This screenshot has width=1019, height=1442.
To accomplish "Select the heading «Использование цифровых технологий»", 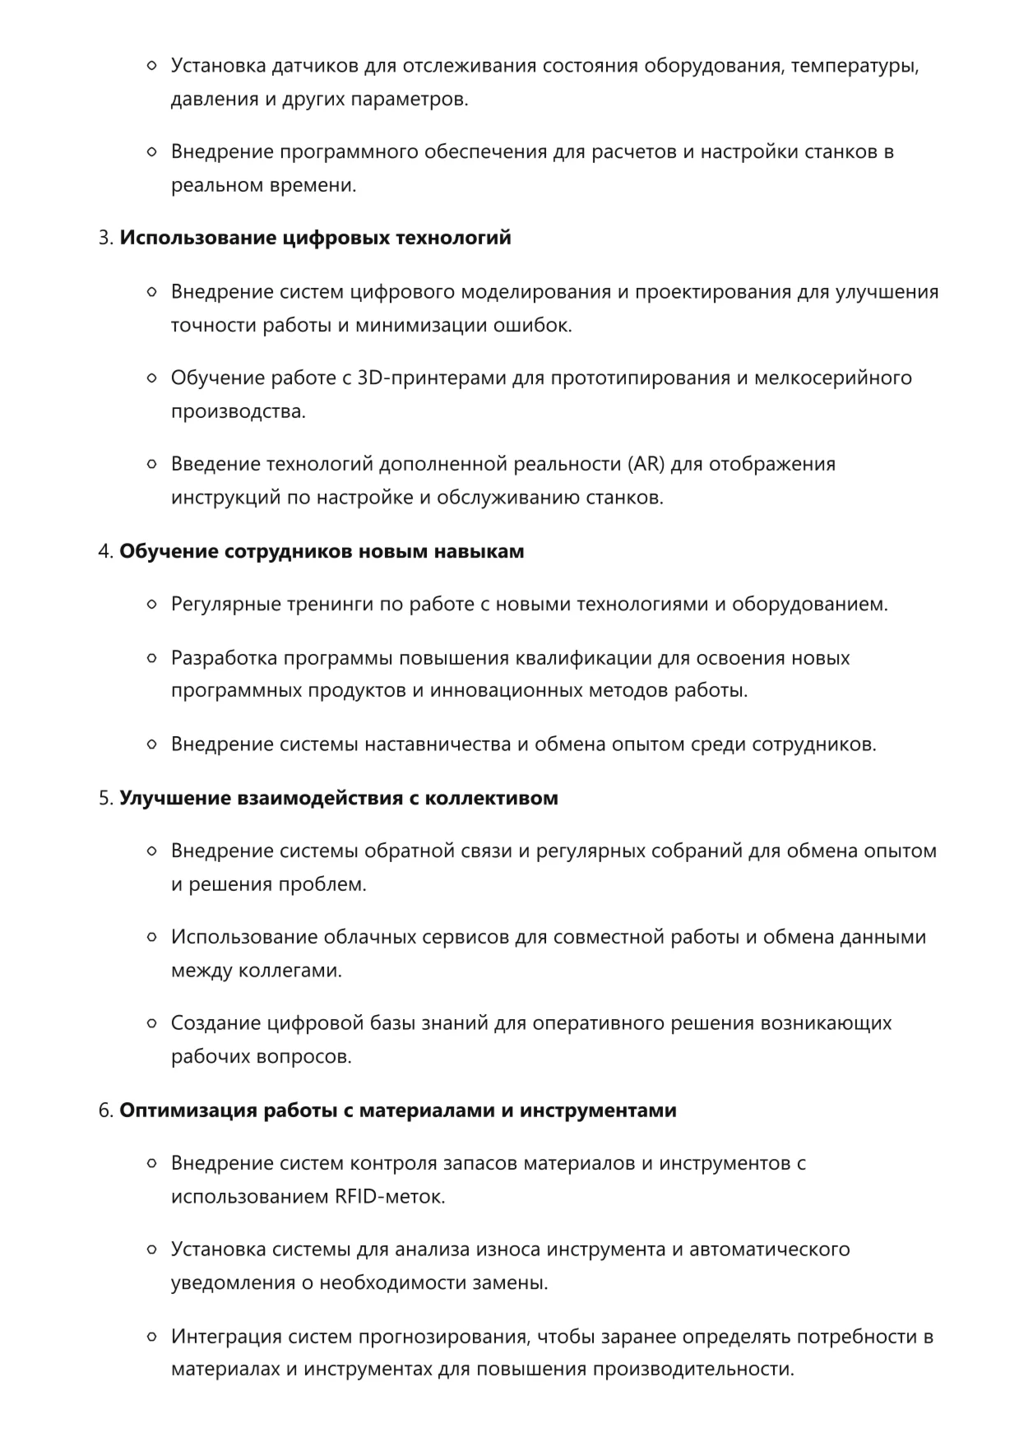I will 315,238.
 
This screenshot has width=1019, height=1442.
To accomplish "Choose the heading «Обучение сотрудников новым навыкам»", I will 322,551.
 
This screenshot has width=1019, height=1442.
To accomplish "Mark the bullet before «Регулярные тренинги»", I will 151,605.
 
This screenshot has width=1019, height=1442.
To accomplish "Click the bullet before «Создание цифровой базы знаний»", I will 151,1024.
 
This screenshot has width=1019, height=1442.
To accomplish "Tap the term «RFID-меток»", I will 389,1196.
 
